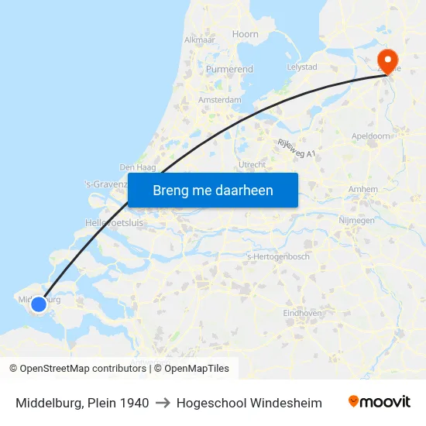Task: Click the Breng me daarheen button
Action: tap(212, 190)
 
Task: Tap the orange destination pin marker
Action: tap(386, 59)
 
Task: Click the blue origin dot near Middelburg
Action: tap(38, 305)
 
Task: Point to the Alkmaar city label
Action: tap(199, 40)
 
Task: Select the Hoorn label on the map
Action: tap(246, 34)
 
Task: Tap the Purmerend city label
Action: tap(229, 69)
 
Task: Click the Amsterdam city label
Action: tap(219, 100)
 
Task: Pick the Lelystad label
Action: tap(302, 67)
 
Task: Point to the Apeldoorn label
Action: tap(372, 136)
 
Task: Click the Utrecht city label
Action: tap(253, 165)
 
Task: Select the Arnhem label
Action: tap(363, 189)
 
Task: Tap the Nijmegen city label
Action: tap(357, 220)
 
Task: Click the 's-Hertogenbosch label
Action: tap(277, 256)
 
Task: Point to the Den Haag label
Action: tap(138, 167)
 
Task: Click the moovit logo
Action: tap(379, 402)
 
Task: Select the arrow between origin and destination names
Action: tap(163, 403)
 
